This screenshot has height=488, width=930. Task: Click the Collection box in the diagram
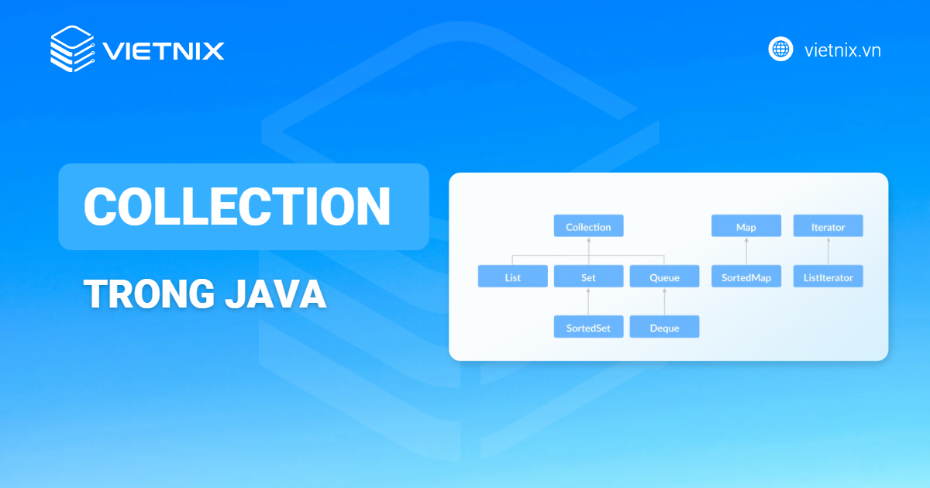588,227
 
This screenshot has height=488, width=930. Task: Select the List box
512,277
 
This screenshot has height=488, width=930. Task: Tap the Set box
588,277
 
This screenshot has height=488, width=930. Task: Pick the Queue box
664,277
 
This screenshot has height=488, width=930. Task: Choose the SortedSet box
588,327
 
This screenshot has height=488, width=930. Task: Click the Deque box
664,327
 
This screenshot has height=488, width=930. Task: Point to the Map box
746,227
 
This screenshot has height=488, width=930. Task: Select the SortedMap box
746,277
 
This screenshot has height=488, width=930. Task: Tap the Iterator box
828,227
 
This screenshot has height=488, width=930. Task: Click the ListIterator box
828,277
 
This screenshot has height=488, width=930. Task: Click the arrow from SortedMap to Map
746,252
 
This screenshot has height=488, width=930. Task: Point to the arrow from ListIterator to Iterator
828,252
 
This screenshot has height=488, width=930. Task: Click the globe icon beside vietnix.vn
780,49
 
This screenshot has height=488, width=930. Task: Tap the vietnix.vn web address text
842,50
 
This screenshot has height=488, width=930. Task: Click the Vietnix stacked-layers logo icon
72,50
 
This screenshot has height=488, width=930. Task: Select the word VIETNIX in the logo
164,51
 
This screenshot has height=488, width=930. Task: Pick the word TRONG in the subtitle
138,295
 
